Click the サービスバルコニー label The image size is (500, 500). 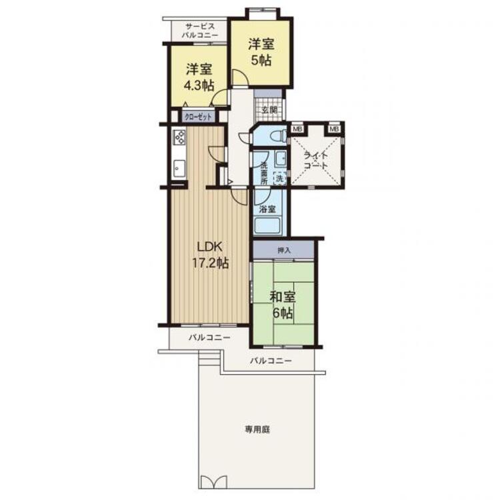coord(200,31)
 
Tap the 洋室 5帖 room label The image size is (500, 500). coord(261,52)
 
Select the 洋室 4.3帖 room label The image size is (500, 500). coord(199,77)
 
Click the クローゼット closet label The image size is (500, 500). coord(198,117)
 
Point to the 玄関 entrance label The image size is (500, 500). coord(269,110)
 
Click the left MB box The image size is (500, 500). coord(297,129)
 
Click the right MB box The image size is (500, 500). coord(334,129)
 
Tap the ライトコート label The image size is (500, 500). coord(316,161)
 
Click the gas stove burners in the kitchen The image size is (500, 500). coord(179,137)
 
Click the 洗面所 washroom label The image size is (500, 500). coord(264,173)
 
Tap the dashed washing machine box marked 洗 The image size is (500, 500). coord(279,178)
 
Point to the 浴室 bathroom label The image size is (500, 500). coord(267,209)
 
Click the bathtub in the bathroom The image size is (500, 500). coord(267,226)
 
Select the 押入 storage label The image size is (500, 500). coord(284,250)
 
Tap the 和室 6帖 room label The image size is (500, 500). coord(283,305)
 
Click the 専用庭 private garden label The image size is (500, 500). coord(257,429)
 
